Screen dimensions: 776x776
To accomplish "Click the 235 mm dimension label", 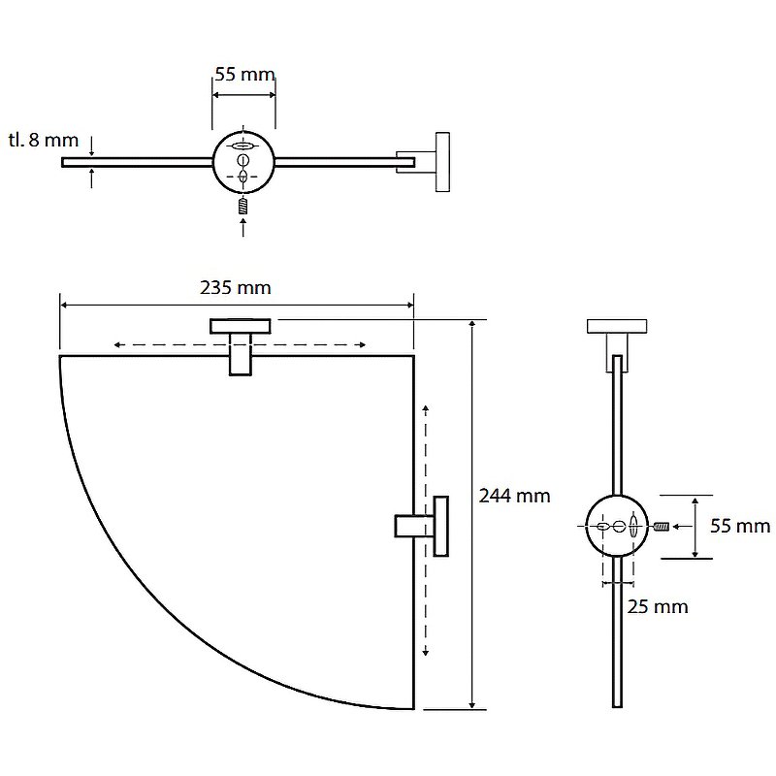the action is coord(236,287).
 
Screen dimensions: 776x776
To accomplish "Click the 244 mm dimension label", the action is coord(515,496).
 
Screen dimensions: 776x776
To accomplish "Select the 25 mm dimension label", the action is coord(658,607).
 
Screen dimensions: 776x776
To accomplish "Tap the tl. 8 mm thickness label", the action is coord(44,140).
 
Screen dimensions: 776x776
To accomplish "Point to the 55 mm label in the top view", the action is coord(244,75).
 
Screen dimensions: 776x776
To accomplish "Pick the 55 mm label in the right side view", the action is coord(740,526).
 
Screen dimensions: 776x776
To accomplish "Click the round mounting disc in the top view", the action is coord(243,162).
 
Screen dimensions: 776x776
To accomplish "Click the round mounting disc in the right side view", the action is coord(617,526).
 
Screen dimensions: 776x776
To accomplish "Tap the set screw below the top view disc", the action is coord(242,206).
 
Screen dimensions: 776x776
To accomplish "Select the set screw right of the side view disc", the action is coord(662,527).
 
